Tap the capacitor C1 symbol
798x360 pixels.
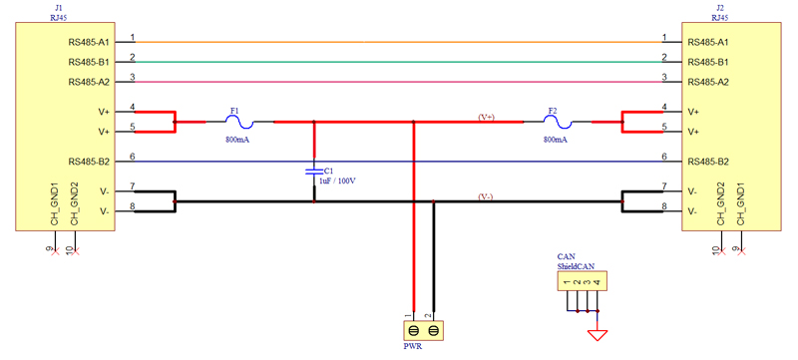(315, 172)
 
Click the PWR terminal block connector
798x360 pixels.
(422, 330)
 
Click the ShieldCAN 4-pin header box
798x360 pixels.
(581, 282)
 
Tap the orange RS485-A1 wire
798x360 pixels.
(399, 42)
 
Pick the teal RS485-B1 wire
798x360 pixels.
(399, 62)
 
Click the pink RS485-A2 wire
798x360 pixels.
(399, 82)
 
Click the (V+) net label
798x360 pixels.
(486, 117)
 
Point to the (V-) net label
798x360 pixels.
(486, 196)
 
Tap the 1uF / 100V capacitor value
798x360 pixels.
(337, 181)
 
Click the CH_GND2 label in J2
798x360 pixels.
(719, 204)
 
